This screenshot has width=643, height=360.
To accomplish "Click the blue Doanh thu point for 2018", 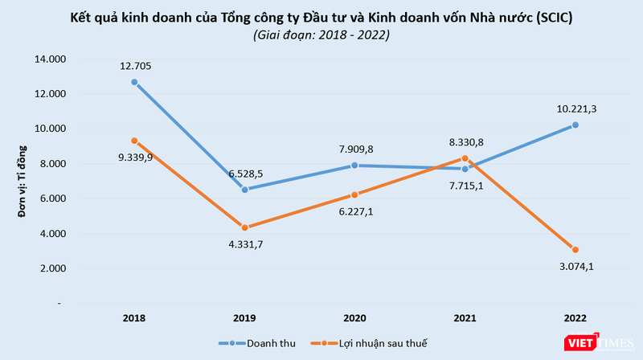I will pyautogui.click(x=134, y=82).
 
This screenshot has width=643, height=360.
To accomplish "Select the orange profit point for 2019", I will pyautogui.click(x=244, y=227).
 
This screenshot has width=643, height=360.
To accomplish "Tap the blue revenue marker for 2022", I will pyautogui.click(x=575, y=125).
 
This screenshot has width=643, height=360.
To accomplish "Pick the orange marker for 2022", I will pyautogui.click(x=575, y=249).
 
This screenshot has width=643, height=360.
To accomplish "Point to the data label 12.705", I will pyautogui.click(x=134, y=67).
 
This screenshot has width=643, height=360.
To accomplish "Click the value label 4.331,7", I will pyautogui.click(x=244, y=245).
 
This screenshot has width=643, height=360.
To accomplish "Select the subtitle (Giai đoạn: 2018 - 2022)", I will pyautogui.click(x=321, y=35).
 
